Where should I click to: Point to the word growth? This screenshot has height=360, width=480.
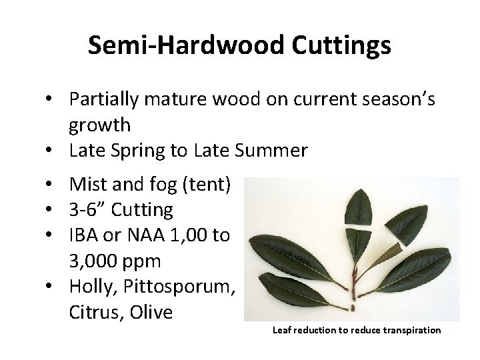tap(99, 125)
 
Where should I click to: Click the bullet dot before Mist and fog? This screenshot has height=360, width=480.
tap(50, 185)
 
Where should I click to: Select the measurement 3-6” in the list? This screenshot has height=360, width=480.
tap(87, 211)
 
